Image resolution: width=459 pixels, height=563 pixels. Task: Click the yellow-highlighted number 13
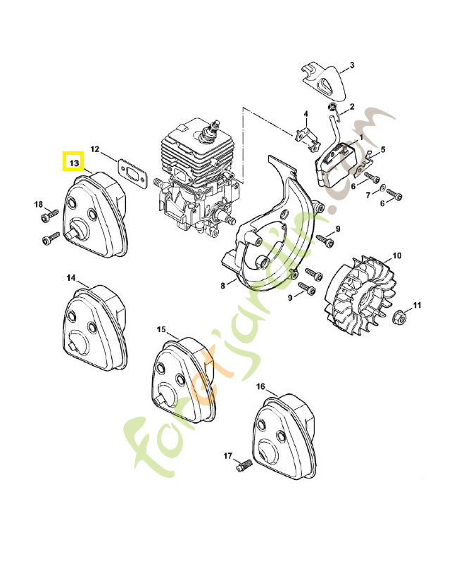pos(73,162)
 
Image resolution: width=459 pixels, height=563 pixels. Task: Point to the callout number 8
pos(222,285)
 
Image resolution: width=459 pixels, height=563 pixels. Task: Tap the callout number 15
pos(161,329)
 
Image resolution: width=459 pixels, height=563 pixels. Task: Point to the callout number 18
pos(39,204)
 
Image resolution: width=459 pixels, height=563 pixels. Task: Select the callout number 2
pos(351,107)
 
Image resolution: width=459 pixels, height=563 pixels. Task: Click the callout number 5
pos(384,149)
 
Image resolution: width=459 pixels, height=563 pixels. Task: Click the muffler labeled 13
pos(94,217)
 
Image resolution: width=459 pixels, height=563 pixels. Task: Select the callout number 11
pos(417,305)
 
